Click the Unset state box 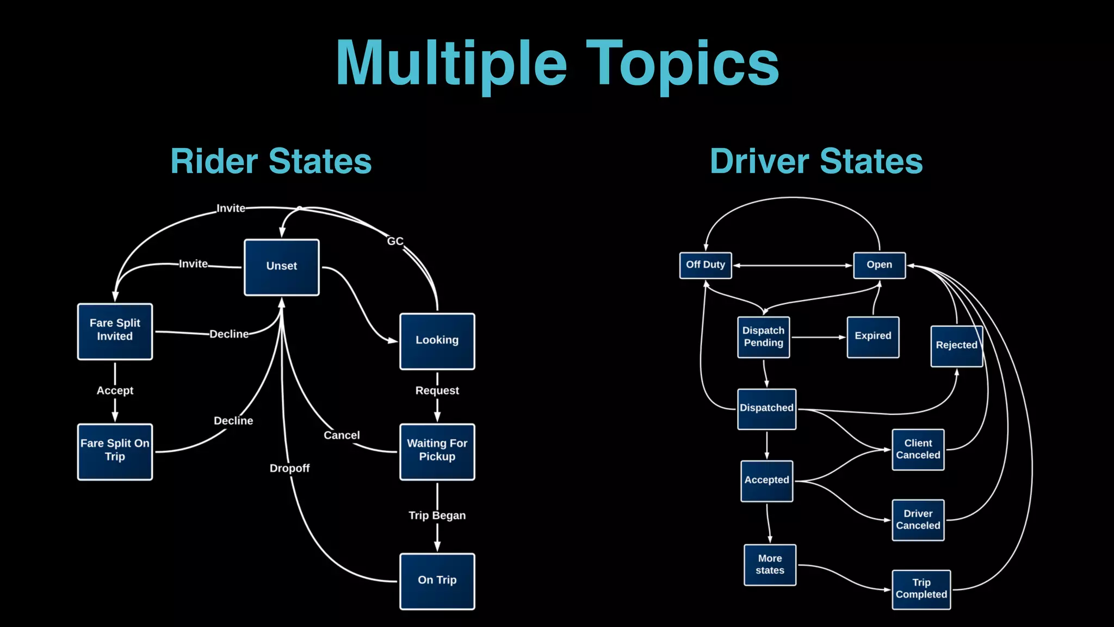281,267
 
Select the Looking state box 437,341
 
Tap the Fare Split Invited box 115,331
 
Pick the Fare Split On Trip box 115,451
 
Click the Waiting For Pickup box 437,451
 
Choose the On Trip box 437,581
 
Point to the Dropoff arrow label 289,468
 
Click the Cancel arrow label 342,435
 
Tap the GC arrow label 395,241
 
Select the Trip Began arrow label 437,515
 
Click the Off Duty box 705,265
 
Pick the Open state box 879,265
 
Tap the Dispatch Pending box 763,337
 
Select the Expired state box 872,337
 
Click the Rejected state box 956,346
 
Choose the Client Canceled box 918,450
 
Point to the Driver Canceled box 918,520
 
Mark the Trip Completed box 921,589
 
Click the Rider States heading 271,162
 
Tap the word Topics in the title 682,64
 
